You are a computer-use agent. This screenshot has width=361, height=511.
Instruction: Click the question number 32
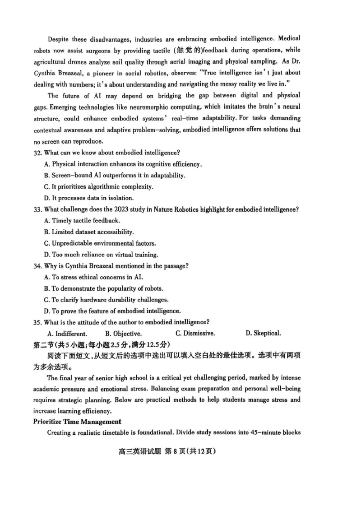[x=37, y=153]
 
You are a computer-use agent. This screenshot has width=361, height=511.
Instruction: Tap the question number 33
[x=37, y=209]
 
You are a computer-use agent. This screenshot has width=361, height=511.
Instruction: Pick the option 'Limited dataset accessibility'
[x=93, y=232]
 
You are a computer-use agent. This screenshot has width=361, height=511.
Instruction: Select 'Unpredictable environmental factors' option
[x=104, y=243]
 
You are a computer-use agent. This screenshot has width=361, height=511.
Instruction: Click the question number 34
[x=37, y=266]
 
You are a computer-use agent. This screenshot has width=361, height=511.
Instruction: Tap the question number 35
[x=37, y=322]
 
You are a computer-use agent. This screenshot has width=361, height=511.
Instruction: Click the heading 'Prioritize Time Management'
[x=77, y=422]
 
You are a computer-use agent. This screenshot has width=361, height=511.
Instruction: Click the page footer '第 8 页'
[x=187, y=451]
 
